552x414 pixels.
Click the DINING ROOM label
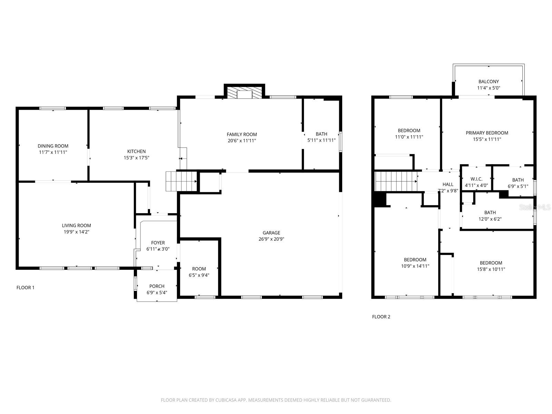(x=53, y=146)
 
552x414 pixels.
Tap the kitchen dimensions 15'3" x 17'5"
(x=136, y=158)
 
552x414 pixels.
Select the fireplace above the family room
(x=244, y=92)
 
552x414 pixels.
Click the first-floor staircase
(x=181, y=181)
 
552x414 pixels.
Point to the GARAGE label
(x=271, y=233)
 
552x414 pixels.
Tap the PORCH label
(x=157, y=286)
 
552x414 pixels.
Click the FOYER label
(x=158, y=243)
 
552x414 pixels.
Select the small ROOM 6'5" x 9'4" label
(x=199, y=269)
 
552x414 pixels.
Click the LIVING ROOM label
(x=76, y=225)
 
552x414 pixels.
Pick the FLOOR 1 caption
(x=26, y=287)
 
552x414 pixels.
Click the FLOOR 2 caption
(x=381, y=317)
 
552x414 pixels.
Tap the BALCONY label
(x=489, y=82)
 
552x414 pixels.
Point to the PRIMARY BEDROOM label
(x=487, y=133)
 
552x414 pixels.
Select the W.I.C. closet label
(x=476, y=179)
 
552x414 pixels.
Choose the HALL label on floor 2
(x=448, y=184)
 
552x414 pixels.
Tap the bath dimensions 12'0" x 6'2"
(x=490, y=219)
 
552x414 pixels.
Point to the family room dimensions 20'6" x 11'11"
(x=241, y=140)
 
